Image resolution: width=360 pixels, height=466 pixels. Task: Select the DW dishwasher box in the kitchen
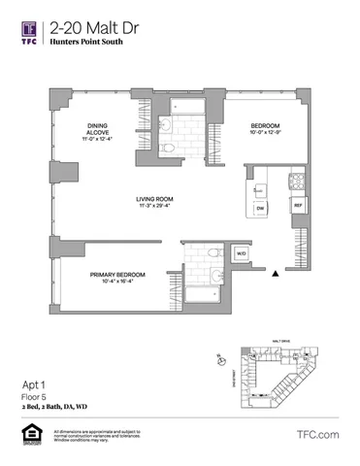(260, 208)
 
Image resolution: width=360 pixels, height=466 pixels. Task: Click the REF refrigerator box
(298, 206)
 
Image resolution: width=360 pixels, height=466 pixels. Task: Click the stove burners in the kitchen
(295, 181)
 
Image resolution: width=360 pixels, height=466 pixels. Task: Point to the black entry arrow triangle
(277, 276)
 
